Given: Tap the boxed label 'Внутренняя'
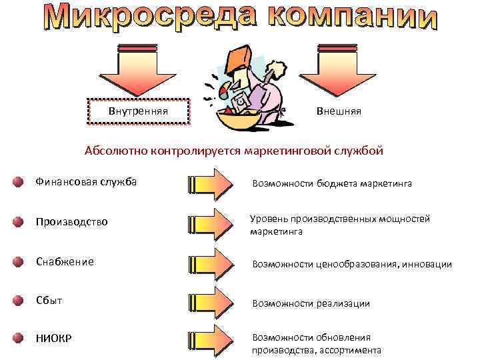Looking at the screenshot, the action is [x=138, y=111].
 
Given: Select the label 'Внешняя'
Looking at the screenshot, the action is [x=339, y=111].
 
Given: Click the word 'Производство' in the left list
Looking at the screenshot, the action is [x=71, y=221].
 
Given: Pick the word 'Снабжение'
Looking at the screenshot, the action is [x=65, y=262].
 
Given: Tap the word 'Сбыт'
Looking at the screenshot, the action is [x=49, y=300].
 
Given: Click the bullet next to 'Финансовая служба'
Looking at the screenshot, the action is [x=17, y=183].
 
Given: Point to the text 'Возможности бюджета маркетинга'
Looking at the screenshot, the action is [x=331, y=183].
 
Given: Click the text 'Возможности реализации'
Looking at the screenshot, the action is [x=310, y=303].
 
